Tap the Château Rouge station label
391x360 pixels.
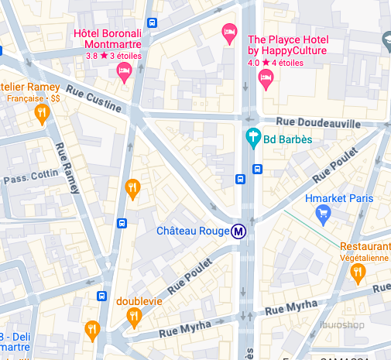pos(193,231)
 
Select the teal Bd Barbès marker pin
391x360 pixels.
pos(252,139)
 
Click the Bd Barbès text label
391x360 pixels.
pos(288,140)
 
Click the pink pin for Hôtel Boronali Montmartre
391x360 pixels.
pos(123,72)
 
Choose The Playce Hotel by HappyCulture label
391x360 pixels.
pos(287,45)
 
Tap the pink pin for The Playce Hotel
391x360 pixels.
pos(266,78)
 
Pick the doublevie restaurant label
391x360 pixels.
pos(139,300)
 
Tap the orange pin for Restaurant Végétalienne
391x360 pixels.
pos(358,273)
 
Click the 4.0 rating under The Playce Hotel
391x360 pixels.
pos(254,62)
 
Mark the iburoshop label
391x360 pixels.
pos(343,325)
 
